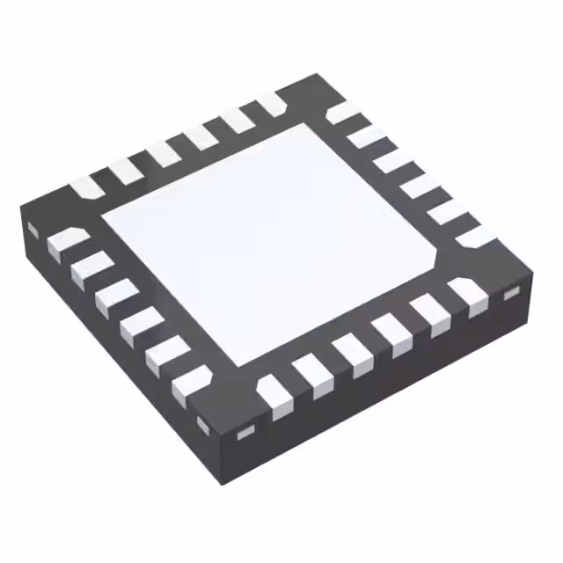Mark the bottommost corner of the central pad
coord(236,363)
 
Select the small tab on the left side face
coord(33,230)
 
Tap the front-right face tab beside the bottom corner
coord(245,430)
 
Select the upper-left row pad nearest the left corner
coord(86,186)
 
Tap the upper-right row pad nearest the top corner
coord(341,113)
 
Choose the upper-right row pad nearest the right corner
coord(474,236)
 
